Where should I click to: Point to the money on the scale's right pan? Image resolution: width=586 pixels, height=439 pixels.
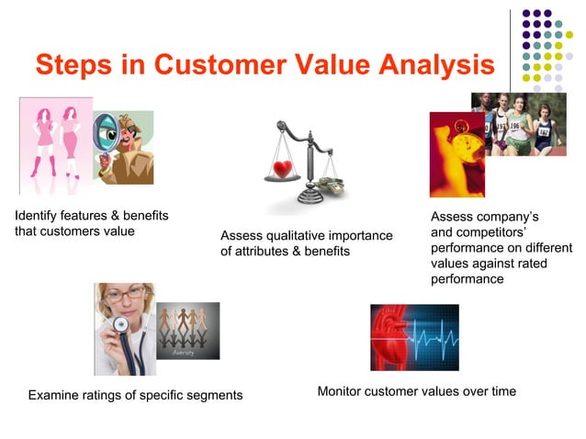(332, 186)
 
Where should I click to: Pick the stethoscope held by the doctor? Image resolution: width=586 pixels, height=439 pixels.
(121, 326)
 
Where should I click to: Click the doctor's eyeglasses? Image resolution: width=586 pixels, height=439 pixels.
(126, 295)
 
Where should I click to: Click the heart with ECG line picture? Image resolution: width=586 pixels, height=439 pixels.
(413, 336)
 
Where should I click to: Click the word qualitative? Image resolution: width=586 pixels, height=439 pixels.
(299, 237)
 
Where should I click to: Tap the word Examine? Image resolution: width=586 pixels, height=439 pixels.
(54, 396)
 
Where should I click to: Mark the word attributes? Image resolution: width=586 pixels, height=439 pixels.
(262, 252)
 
